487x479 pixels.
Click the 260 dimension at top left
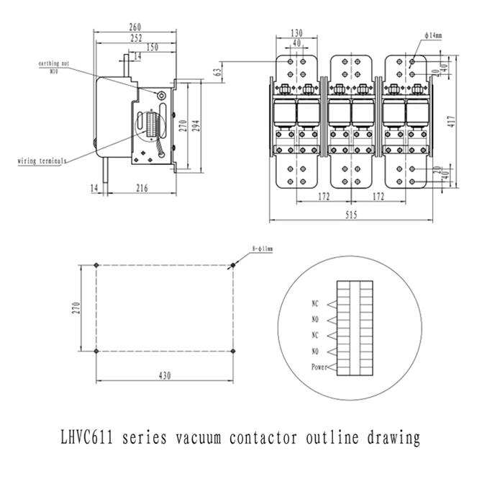[x=135, y=27]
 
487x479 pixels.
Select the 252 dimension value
[x=135, y=37]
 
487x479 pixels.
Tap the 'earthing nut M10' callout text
[x=54, y=67]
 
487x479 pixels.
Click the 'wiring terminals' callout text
[x=41, y=161]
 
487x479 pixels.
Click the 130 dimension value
[x=296, y=32]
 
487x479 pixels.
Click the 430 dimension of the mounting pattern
[x=165, y=375]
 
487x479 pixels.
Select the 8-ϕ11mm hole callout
[x=263, y=249]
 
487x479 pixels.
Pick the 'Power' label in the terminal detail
[x=319, y=367]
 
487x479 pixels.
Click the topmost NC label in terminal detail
[x=314, y=304]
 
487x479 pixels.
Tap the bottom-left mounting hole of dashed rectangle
[x=96, y=351]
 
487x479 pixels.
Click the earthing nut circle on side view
[x=161, y=95]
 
